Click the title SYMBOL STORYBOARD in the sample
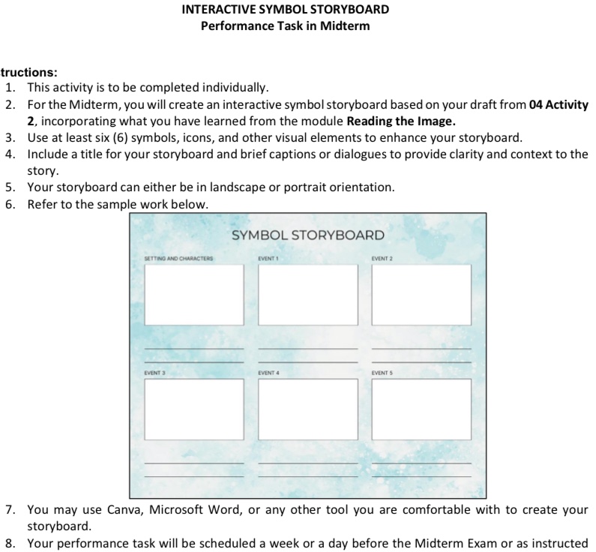(307, 235)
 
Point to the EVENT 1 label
(268, 259)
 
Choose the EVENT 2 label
(382, 259)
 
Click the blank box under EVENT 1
(307, 295)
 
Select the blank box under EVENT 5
(421, 408)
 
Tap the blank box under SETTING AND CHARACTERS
(193, 295)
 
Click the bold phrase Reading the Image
(401, 121)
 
